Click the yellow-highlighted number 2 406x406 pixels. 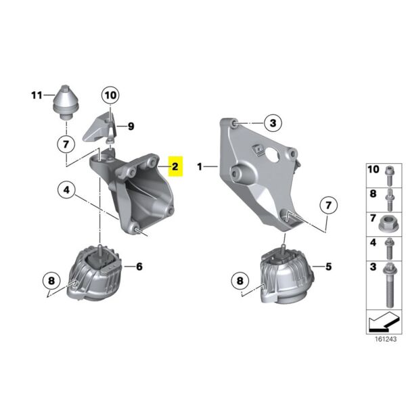pos(175,166)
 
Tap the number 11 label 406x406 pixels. pos(37,95)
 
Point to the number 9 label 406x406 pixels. pos(131,125)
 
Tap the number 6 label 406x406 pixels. pos(139,267)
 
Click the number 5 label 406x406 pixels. pos(328,267)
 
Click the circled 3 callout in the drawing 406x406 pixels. pos(272,122)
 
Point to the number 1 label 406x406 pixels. pos(200,166)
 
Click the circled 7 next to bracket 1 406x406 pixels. pos(327,204)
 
